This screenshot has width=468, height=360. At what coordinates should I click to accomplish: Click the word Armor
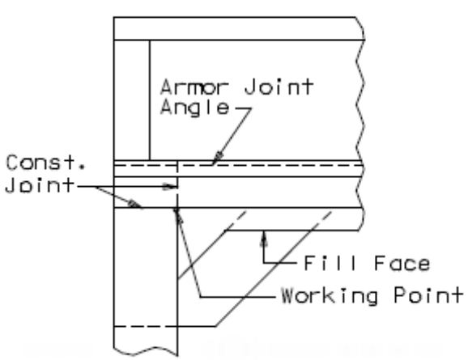[x=194, y=87]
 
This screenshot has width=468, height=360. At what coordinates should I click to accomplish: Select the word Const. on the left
[x=46, y=163]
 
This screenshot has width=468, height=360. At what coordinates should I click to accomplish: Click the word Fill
[x=330, y=263]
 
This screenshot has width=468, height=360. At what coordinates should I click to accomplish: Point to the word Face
[x=402, y=263]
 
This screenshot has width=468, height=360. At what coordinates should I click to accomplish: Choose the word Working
[x=330, y=296]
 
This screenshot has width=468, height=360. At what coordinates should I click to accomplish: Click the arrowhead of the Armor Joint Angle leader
[x=219, y=157]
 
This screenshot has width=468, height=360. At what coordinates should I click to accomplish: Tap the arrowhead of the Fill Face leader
[x=263, y=239]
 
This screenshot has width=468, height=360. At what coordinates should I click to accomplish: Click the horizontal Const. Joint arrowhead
[x=169, y=187]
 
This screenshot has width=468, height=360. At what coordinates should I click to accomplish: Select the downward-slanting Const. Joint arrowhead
[x=134, y=205]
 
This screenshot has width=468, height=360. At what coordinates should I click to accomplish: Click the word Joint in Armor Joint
[x=279, y=87]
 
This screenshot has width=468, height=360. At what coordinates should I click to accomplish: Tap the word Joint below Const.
[x=40, y=185]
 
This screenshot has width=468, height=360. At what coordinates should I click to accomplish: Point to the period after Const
[x=83, y=167]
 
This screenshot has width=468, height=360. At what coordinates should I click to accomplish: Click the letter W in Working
[x=290, y=295]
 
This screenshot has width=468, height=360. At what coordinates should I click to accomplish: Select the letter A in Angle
[x=168, y=107]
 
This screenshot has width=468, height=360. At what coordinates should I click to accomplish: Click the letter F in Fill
[x=310, y=263]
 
